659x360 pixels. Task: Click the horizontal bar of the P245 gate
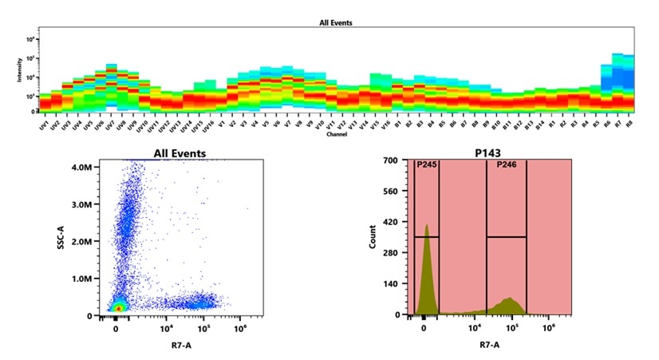point(426,236)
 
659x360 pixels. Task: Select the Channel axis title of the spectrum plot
point(336,134)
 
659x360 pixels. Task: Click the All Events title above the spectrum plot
point(336,22)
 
